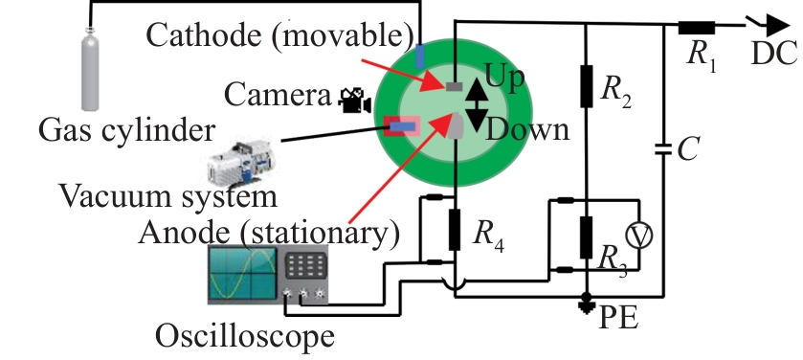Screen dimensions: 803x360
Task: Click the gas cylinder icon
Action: pos(90,69)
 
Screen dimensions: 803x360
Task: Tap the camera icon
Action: pos(355,101)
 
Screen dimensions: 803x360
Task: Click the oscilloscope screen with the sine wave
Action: pos(242,274)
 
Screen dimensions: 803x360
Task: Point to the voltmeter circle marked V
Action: pos(639,236)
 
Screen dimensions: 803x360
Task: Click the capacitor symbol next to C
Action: pos(663,149)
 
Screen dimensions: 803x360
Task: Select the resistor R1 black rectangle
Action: pos(697,28)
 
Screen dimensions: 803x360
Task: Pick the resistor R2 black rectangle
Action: pos(587,86)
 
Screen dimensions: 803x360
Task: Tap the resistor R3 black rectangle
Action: pos(587,237)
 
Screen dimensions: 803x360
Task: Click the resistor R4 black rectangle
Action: pos(455,230)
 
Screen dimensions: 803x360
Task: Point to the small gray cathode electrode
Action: pos(454,86)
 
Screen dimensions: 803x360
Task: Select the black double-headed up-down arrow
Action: pos(477,105)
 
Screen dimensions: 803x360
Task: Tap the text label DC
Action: pos(774,53)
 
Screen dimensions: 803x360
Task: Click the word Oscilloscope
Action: pos(245,336)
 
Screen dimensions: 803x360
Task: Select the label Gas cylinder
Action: pos(127,130)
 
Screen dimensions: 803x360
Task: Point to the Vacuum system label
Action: pos(169,195)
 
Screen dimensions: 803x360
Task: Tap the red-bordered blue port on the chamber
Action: pos(402,126)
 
